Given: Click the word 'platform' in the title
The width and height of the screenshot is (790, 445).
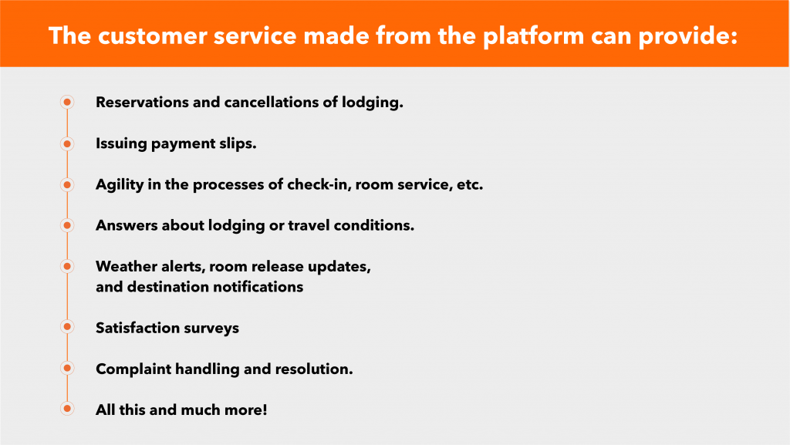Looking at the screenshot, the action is (x=532, y=36).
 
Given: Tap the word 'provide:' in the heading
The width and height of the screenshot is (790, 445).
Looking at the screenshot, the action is (x=688, y=37).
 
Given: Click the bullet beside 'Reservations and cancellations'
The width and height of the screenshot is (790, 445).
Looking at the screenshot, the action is (x=67, y=103).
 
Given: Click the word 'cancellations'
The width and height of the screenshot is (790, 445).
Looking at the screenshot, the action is (x=272, y=103).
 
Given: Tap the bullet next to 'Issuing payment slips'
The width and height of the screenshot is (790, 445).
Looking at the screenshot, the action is (x=67, y=144).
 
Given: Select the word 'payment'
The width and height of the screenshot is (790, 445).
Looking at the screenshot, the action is (x=184, y=144).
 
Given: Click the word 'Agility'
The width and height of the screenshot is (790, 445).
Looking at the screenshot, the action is (x=120, y=185).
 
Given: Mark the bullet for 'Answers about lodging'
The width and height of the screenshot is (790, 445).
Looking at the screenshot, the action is (x=67, y=225).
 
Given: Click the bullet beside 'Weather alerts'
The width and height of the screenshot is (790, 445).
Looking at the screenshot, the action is (x=67, y=266).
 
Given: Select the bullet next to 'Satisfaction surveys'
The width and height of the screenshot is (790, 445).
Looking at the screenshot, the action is (x=67, y=327).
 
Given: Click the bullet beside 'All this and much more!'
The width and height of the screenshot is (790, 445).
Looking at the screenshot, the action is (x=67, y=408).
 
